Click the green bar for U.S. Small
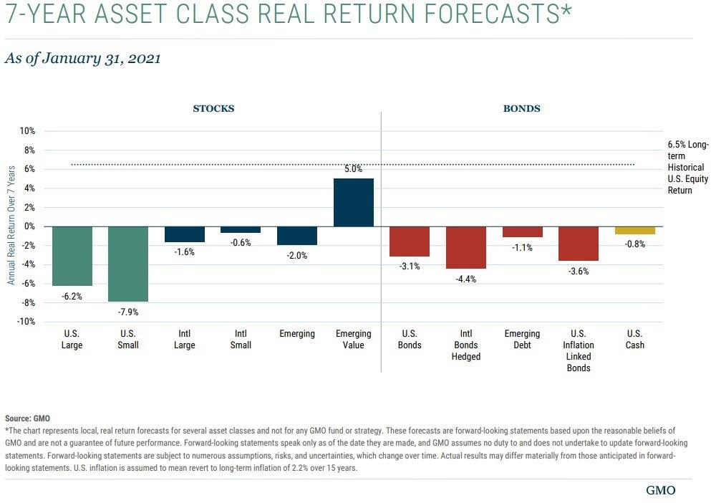click(128, 264)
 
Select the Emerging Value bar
click(354, 203)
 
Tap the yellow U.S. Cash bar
click(634, 230)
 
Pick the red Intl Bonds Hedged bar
click(466, 247)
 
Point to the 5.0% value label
click(354, 169)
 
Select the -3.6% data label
click(579, 271)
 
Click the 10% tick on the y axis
click(26, 131)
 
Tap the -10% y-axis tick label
click(25, 322)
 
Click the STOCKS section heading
click(213, 109)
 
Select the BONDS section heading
click(521, 109)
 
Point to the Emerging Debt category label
click(522, 340)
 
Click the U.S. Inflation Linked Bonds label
click(579, 351)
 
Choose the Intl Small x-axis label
click(241, 340)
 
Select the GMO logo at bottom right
click(660, 491)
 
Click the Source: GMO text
click(28, 418)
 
